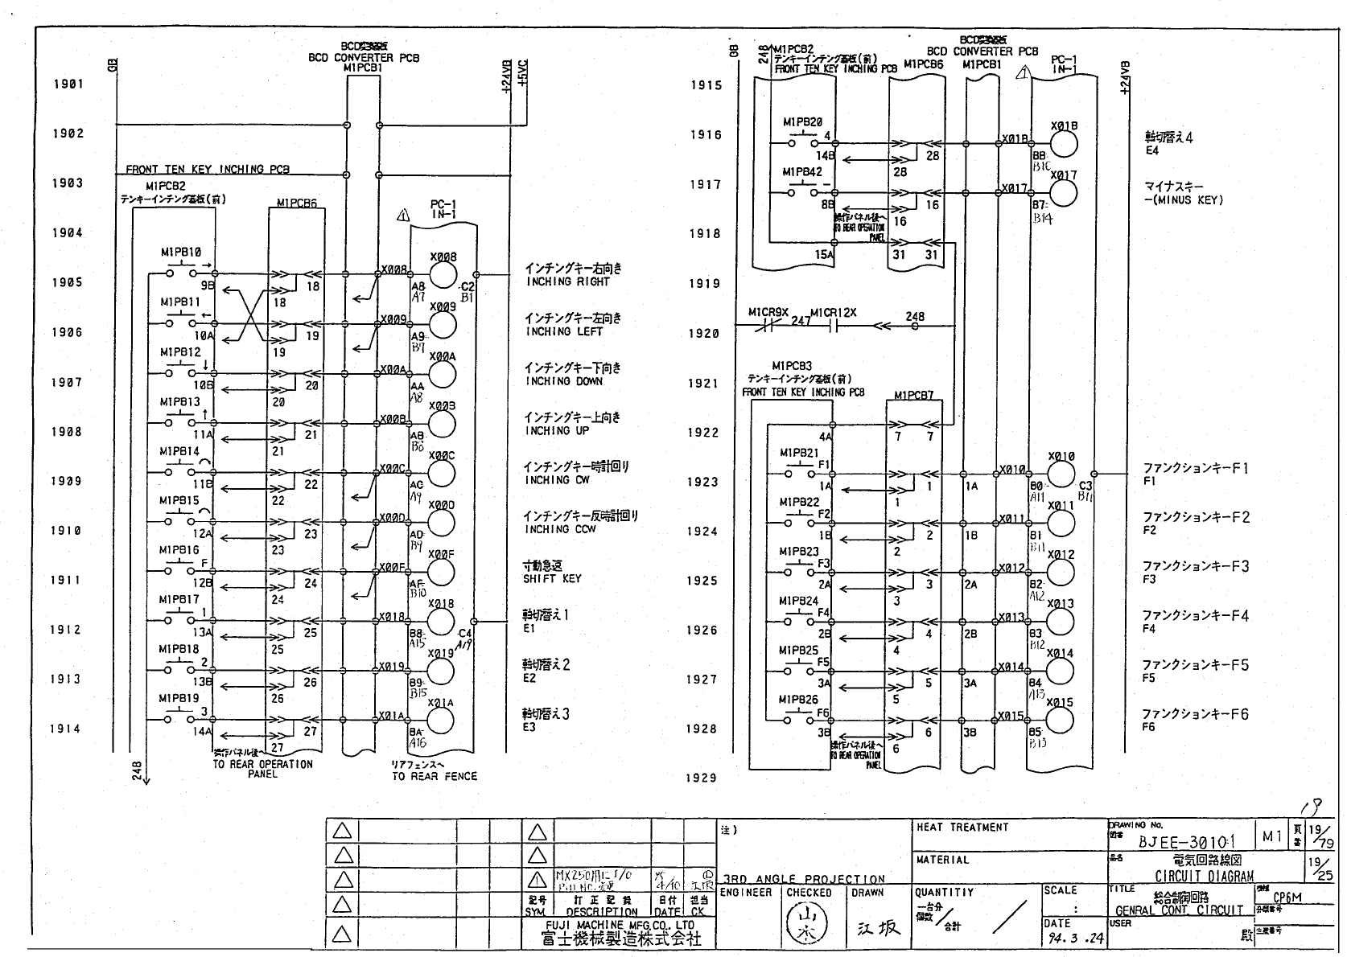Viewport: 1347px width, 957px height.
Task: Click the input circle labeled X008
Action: tap(442, 275)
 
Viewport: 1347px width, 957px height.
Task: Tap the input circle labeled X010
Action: tap(1061, 474)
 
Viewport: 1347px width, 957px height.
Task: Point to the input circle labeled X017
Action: tap(1063, 193)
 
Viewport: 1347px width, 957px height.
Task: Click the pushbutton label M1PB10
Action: tap(180, 253)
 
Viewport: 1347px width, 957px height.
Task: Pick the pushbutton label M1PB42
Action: tap(802, 172)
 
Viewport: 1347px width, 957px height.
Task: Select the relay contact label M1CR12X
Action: tap(833, 312)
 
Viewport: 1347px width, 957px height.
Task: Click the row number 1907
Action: tap(67, 382)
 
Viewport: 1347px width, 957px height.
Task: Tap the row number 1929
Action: tap(702, 778)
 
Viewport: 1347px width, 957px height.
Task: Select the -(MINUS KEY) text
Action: tap(1183, 200)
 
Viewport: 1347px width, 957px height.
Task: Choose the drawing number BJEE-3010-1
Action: tap(1186, 842)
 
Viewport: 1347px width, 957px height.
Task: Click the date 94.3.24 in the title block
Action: tap(1073, 939)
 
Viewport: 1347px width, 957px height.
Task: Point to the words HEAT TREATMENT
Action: tap(962, 827)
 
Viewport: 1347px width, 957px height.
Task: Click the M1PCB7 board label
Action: tap(913, 396)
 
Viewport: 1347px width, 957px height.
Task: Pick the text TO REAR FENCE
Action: tap(435, 776)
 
